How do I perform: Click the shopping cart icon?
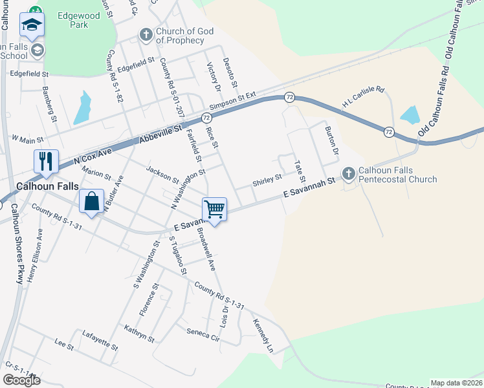(x=214, y=209)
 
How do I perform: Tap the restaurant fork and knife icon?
(x=46, y=161)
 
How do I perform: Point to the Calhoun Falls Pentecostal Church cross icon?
(x=349, y=173)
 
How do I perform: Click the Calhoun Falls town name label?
(x=41, y=185)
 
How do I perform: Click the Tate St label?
(x=300, y=171)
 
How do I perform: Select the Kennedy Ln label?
(x=263, y=336)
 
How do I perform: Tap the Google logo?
(x=21, y=380)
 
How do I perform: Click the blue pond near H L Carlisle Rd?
(x=410, y=116)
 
